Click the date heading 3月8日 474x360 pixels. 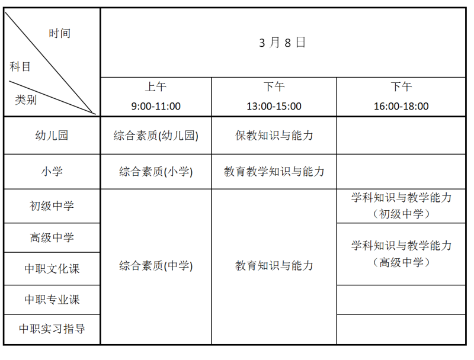(x=282, y=43)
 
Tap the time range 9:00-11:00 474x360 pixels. (x=156, y=107)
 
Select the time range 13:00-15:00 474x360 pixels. (x=274, y=107)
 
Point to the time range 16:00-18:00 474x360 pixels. (x=401, y=107)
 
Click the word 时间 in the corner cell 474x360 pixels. (x=60, y=33)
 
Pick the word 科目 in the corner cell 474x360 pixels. (x=20, y=66)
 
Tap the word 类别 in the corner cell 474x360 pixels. (x=26, y=99)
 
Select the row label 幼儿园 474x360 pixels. (x=52, y=136)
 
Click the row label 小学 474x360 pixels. (x=52, y=172)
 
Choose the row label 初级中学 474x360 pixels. (x=52, y=206)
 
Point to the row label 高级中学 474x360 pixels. (x=52, y=237)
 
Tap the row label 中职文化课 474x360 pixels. (x=52, y=268)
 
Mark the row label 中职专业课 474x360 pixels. (x=52, y=299)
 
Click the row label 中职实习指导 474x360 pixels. (x=52, y=329)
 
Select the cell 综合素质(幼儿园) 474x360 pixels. (x=156, y=136)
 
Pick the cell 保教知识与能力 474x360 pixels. (x=274, y=136)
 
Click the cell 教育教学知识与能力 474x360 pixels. (x=274, y=172)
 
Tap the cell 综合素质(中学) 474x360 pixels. (x=156, y=266)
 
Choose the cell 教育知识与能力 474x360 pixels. (x=274, y=265)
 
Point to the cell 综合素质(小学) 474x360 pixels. (x=156, y=172)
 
